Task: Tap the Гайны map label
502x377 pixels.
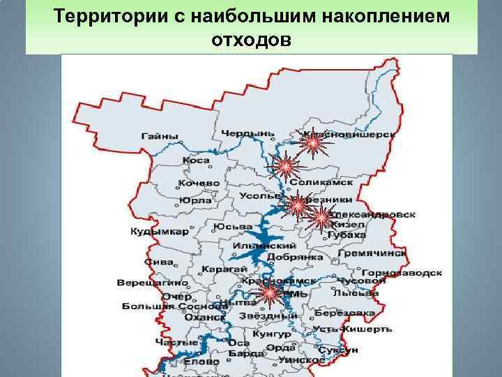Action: point(160,136)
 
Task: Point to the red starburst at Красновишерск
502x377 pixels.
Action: point(313,145)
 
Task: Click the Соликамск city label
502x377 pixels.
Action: point(326,182)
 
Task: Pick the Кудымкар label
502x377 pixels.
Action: point(159,232)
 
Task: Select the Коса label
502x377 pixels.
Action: point(196,160)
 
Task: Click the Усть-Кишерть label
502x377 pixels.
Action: point(347,328)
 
